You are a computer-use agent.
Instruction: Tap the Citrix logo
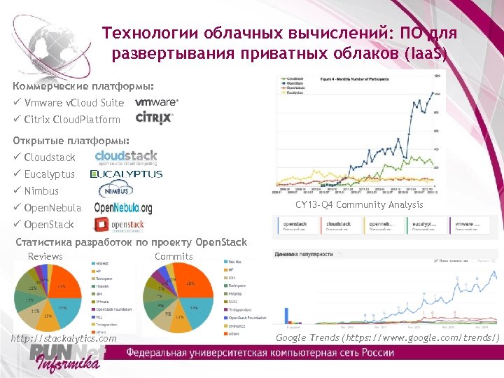[154, 118]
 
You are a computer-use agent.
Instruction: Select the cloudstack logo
[126, 157]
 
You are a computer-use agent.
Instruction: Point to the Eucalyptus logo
[126, 174]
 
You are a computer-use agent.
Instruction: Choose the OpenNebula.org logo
[123, 208]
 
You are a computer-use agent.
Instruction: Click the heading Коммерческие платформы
[83, 87]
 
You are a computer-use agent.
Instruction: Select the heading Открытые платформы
[71, 140]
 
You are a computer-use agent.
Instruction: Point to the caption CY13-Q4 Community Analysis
[359, 204]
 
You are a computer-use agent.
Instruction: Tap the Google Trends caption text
[388, 338]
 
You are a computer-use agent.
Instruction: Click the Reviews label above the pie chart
[45, 257]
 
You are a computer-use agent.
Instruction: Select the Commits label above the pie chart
[174, 257]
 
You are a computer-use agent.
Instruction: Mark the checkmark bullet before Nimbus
[17, 190]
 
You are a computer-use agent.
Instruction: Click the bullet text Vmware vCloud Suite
[73, 103]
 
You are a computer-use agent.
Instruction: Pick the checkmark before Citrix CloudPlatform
[17, 120]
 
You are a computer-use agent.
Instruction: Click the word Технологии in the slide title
[148, 33]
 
